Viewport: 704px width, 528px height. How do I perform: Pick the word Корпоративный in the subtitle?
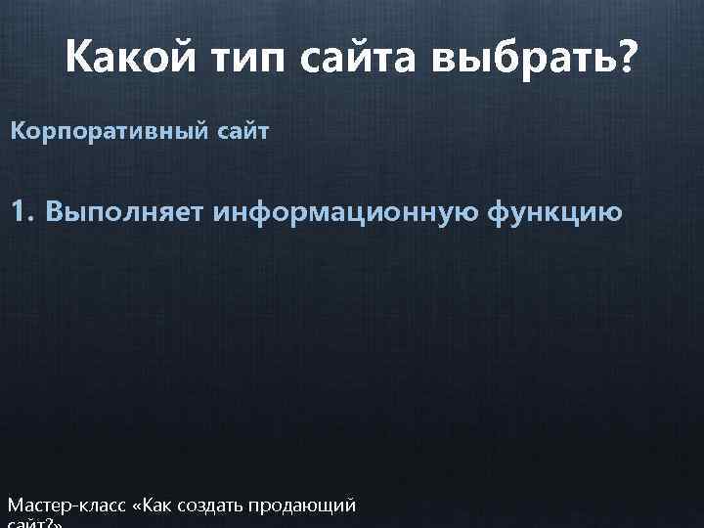point(105,131)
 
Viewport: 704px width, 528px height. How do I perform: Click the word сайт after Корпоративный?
point(237,131)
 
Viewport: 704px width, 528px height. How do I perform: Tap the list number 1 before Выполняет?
point(21,210)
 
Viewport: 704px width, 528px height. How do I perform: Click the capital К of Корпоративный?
point(17,131)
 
